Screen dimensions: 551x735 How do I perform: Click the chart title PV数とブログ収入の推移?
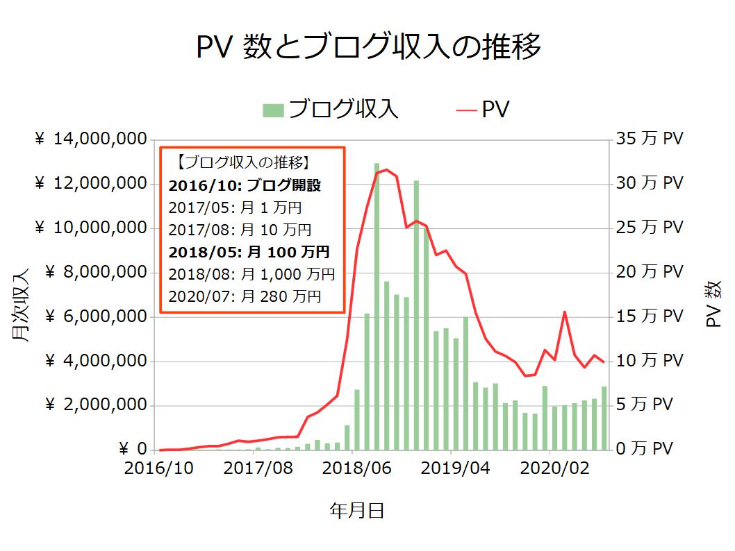click(x=368, y=48)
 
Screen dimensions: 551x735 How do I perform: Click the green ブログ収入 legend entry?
click(x=331, y=110)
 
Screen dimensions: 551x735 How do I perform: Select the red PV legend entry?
click(x=483, y=110)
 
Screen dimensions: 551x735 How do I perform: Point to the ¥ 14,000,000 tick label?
click(x=90, y=139)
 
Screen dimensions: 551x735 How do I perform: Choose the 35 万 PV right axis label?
click(x=650, y=139)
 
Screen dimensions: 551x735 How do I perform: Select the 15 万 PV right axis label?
click(x=650, y=317)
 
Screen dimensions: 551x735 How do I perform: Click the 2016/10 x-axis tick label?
click(x=159, y=469)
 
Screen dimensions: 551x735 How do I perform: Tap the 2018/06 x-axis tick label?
click(x=358, y=469)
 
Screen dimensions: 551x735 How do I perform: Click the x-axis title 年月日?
click(x=357, y=511)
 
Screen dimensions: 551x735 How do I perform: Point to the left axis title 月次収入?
click(x=21, y=305)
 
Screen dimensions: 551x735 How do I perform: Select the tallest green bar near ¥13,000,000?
click(x=377, y=305)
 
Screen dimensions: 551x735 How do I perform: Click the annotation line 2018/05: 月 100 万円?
click(x=249, y=252)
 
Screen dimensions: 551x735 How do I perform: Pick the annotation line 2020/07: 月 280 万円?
click(x=245, y=296)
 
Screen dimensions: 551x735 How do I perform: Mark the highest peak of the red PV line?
click(x=386, y=169)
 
